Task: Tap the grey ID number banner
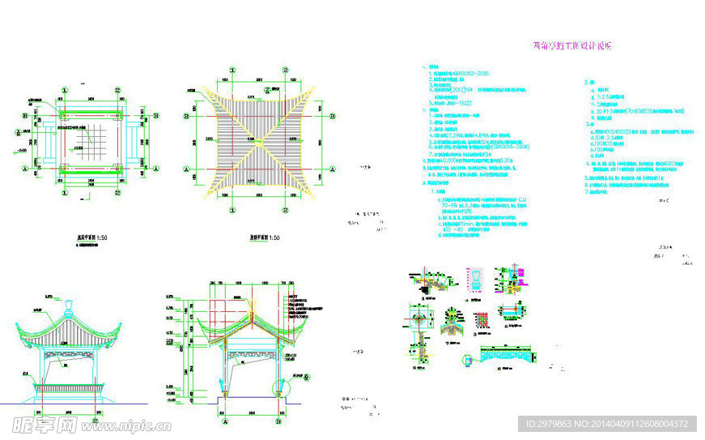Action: click(606, 424)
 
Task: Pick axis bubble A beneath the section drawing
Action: click(224, 421)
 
